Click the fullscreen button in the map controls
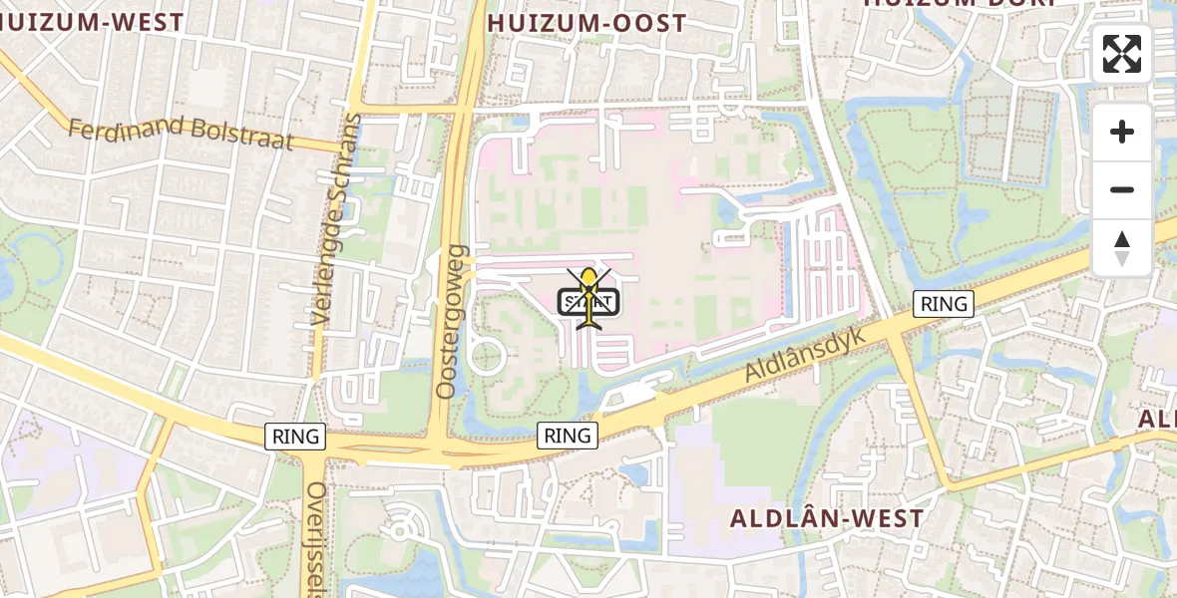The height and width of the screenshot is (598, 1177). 1122,54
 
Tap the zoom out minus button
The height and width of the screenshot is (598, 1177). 1122,189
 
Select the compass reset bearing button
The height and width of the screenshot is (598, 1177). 1122,247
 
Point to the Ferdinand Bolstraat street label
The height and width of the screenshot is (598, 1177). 181,133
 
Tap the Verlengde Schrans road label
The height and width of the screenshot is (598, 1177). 335,219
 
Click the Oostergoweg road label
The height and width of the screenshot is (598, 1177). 452,321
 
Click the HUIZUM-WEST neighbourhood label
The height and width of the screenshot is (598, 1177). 92,22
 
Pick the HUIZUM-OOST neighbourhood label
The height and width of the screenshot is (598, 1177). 587,23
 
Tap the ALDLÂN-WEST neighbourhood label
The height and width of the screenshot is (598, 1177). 827,518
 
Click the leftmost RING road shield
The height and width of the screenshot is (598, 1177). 296,436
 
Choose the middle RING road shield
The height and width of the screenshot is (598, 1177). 568,435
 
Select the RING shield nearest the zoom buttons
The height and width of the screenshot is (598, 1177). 944,304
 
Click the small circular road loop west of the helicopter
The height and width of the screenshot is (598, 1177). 487,355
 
